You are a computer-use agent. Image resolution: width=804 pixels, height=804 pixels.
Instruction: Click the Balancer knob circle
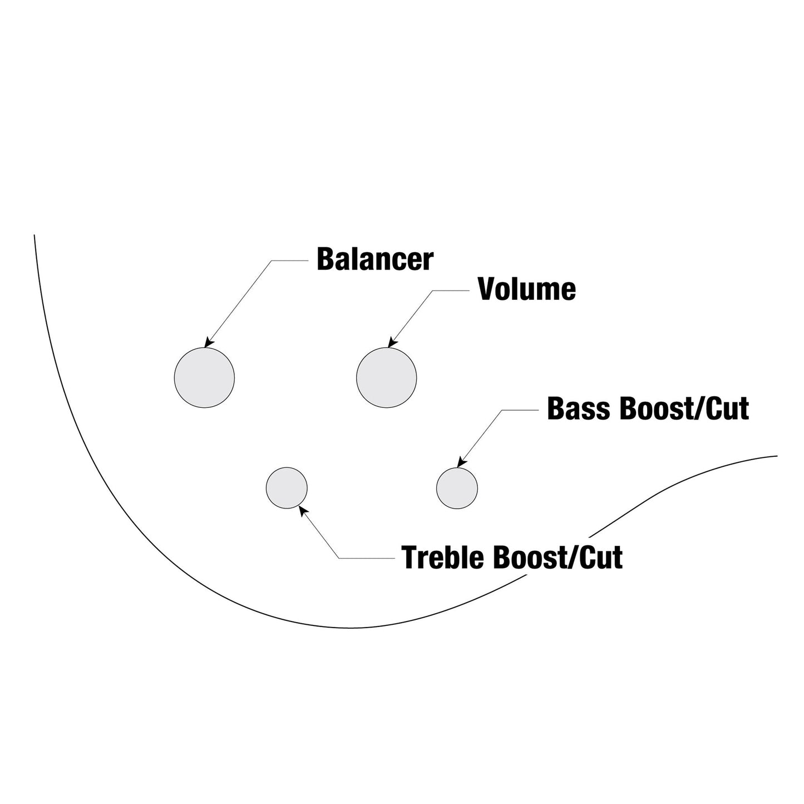(x=204, y=378)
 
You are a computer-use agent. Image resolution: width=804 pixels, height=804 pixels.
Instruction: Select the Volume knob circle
(x=386, y=378)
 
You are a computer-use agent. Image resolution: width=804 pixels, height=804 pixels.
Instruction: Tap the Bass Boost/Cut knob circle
(x=457, y=488)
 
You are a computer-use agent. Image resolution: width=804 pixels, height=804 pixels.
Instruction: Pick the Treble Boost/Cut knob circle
(x=287, y=488)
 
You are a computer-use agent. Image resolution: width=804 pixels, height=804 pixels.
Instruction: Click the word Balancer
(x=375, y=259)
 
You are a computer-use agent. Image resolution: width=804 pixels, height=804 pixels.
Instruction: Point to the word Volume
(x=527, y=289)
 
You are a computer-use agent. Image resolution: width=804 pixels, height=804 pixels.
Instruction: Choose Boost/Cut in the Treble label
(x=558, y=558)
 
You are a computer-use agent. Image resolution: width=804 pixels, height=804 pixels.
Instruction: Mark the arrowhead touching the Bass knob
(x=462, y=461)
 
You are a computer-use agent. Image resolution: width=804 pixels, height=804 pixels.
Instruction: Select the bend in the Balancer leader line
(x=272, y=261)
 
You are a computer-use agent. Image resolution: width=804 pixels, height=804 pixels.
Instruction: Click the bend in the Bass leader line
(x=502, y=410)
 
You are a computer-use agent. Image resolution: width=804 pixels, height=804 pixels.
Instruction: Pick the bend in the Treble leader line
(x=339, y=558)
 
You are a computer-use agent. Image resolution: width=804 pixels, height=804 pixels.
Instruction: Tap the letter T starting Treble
(x=410, y=558)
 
